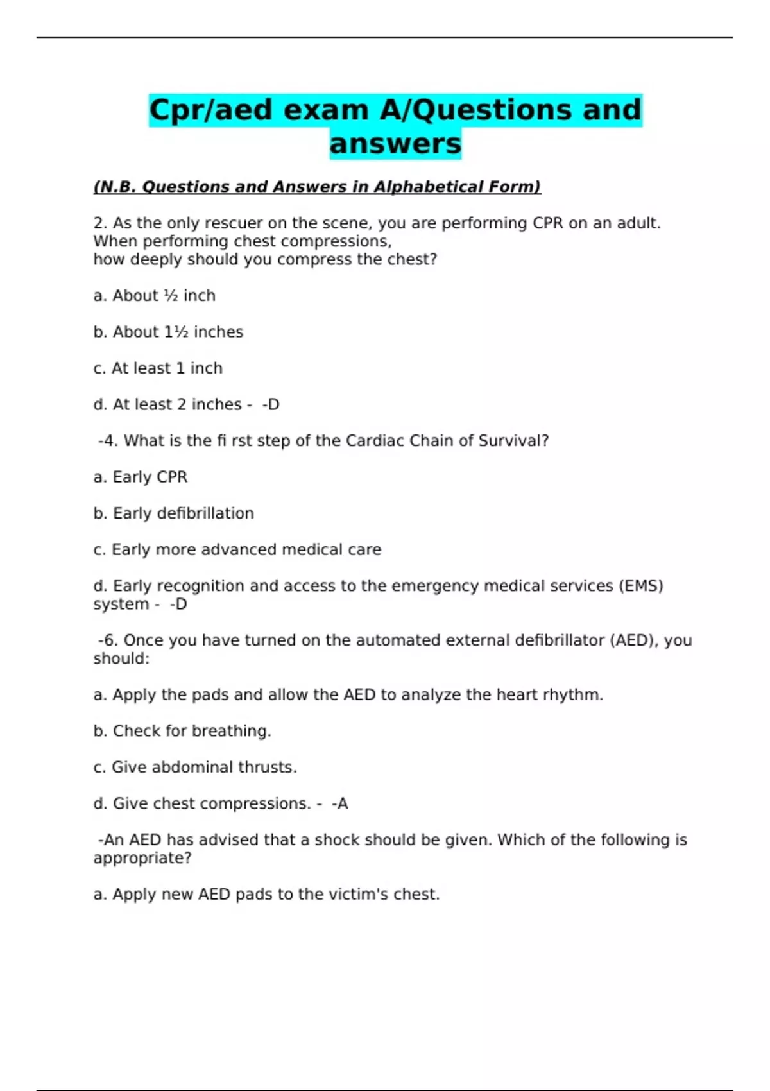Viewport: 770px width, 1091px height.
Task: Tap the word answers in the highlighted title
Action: pyautogui.click(x=395, y=144)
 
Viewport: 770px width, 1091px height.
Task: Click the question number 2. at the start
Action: pyautogui.click(x=100, y=223)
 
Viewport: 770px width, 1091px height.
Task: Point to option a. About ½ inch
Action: pyautogui.click(x=154, y=296)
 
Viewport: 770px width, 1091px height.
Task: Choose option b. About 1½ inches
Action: pyautogui.click(x=168, y=332)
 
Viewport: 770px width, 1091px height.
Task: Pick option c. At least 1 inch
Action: pyautogui.click(x=158, y=368)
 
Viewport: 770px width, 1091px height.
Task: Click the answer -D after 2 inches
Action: pyautogui.click(x=271, y=405)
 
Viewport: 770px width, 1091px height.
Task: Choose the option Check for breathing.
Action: pyautogui.click(x=182, y=731)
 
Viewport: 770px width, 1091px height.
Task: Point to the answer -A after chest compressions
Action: pyautogui.click(x=340, y=803)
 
